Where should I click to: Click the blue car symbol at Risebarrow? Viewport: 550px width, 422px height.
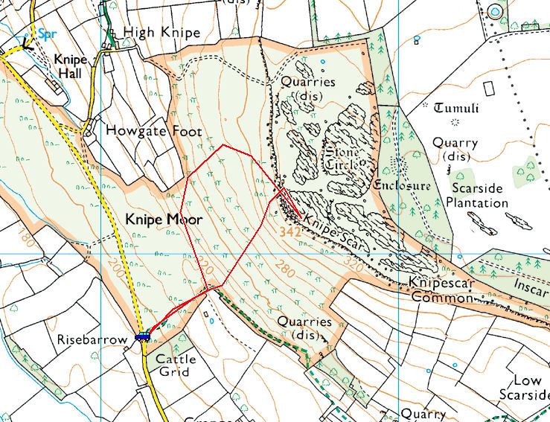[142, 336]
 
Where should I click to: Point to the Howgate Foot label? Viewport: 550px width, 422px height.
[153, 131]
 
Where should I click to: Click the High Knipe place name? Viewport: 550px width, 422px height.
[162, 33]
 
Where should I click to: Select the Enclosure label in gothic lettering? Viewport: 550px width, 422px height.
[403, 185]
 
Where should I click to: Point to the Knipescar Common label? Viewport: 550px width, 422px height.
[441, 291]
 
